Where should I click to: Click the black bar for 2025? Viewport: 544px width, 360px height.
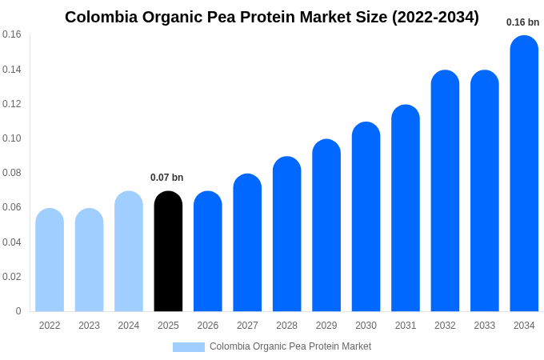coord(168,252)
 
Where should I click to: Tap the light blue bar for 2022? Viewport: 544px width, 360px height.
coord(50,261)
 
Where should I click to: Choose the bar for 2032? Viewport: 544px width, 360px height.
coord(445,192)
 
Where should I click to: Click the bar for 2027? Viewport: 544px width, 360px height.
coord(247,243)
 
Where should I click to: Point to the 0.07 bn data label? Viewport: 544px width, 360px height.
coord(167,178)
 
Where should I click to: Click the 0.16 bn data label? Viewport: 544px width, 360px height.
coord(523,22)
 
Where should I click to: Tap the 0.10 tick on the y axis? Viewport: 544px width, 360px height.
coord(12,138)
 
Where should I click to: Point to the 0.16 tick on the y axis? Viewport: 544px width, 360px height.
coord(12,34)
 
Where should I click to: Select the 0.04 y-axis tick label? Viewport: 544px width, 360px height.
coord(12,242)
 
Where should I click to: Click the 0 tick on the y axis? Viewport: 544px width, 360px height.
coord(18,311)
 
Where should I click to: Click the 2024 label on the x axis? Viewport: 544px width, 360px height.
coord(129,326)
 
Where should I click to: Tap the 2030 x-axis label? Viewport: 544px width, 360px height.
coord(366,326)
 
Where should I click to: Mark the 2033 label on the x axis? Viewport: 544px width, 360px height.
coord(484,326)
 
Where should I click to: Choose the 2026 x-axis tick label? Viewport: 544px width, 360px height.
coord(208,326)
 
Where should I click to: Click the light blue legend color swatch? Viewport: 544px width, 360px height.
coord(189,347)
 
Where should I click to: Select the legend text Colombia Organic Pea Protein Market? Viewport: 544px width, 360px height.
coord(290,346)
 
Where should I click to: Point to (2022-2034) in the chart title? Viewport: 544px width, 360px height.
coord(435,17)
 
